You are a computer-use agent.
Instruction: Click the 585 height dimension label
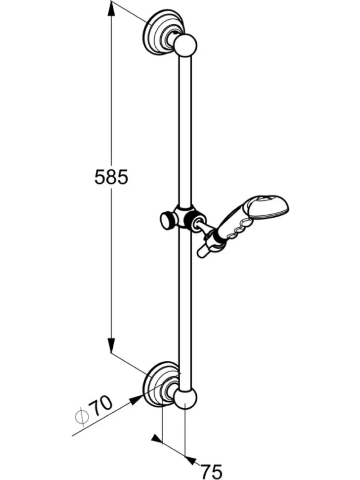111,177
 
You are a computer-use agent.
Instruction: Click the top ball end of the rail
185,45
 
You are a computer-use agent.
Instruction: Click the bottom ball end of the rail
185,399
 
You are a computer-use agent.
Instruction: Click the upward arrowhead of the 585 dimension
111,11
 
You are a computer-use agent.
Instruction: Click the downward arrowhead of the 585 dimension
111,345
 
